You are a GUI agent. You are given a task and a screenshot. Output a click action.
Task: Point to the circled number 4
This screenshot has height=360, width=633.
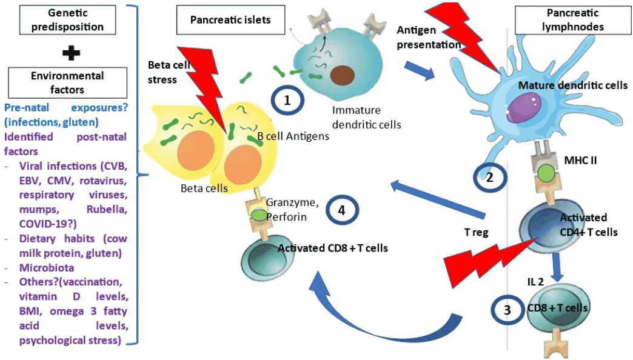[342, 210]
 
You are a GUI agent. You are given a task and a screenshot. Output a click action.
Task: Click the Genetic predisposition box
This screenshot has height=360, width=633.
[59, 19]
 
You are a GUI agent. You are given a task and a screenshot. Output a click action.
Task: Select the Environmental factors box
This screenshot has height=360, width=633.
[67, 82]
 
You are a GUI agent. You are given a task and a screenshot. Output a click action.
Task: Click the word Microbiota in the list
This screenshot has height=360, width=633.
[45, 267]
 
